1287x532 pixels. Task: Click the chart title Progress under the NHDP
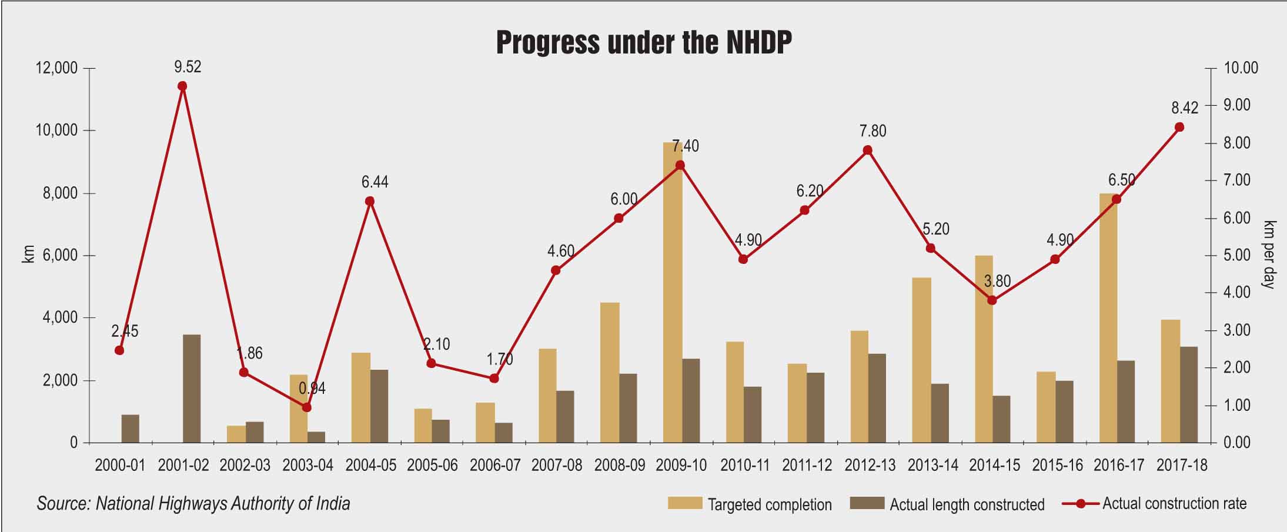(643, 42)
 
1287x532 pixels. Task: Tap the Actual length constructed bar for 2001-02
(192, 389)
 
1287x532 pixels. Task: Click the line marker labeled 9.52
(182, 86)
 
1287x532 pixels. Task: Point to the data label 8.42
(1184, 108)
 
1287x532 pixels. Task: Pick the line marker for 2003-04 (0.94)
(306, 407)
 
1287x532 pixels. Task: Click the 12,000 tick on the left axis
(56, 68)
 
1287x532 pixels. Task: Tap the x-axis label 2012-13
(870, 466)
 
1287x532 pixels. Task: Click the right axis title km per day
(1269, 255)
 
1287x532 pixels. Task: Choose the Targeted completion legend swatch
(685, 503)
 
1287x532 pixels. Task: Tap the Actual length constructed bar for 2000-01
(130, 429)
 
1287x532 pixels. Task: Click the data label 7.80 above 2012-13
(873, 131)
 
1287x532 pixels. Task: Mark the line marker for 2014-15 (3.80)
(992, 300)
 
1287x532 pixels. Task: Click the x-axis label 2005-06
(432, 466)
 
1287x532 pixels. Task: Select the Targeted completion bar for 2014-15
(983, 349)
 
